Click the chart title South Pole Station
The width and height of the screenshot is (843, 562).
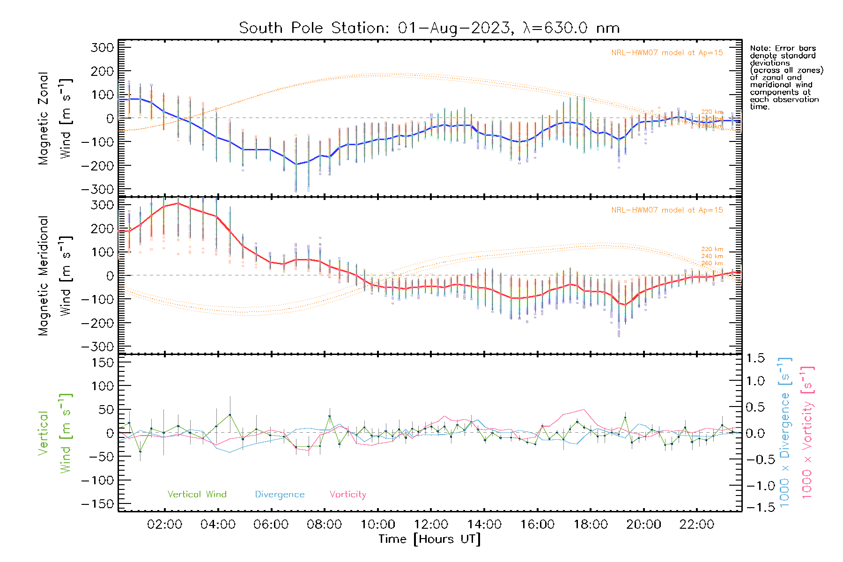[x=429, y=28]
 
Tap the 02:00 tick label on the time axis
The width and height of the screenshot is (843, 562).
[x=164, y=525]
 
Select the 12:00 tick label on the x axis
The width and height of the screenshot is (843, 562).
[x=431, y=525]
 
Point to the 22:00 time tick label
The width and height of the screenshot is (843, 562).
[x=697, y=525]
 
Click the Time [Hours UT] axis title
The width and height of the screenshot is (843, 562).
[x=429, y=539]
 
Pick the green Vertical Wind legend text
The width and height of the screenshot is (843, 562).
[x=197, y=494]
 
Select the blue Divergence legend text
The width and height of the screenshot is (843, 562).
[x=280, y=495]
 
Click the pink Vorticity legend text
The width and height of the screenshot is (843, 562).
[x=348, y=494]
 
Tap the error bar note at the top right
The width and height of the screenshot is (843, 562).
[x=786, y=77]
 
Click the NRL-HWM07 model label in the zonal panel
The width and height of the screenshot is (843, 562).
[x=667, y=53]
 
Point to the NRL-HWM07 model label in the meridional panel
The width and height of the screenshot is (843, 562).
[x=667, y=210]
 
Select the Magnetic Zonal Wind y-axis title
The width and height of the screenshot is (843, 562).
[x=54, y=118]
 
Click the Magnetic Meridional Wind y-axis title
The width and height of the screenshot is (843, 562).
[x=54, y=275]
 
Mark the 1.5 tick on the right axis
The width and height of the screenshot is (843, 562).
[x=755, y=358]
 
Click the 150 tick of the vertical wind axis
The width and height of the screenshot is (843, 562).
[x=103, y=362]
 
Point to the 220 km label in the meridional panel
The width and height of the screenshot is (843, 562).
[x=712, y=250]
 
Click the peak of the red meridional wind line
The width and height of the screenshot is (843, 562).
[x=177, y=203]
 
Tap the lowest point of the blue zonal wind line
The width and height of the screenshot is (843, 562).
[x=296, y=164]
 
